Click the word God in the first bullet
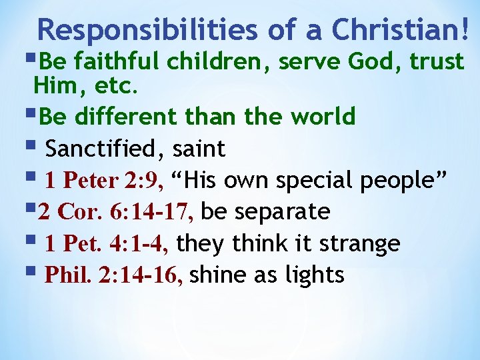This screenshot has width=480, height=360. (382, 62)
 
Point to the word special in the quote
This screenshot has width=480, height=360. (318, 181)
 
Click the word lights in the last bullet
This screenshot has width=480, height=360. (315, 275)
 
